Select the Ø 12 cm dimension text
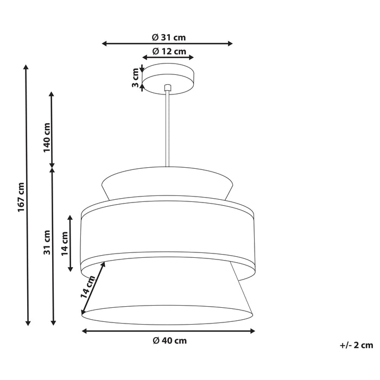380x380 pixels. [168, 51]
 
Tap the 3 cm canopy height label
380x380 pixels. [135, 77]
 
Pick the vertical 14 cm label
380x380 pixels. [65, 244]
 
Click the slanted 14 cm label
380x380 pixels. [88, 287]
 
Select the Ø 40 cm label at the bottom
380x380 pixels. [169, 340]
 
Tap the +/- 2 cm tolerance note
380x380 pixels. [357, 345]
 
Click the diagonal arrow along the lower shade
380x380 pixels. [93, 288]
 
